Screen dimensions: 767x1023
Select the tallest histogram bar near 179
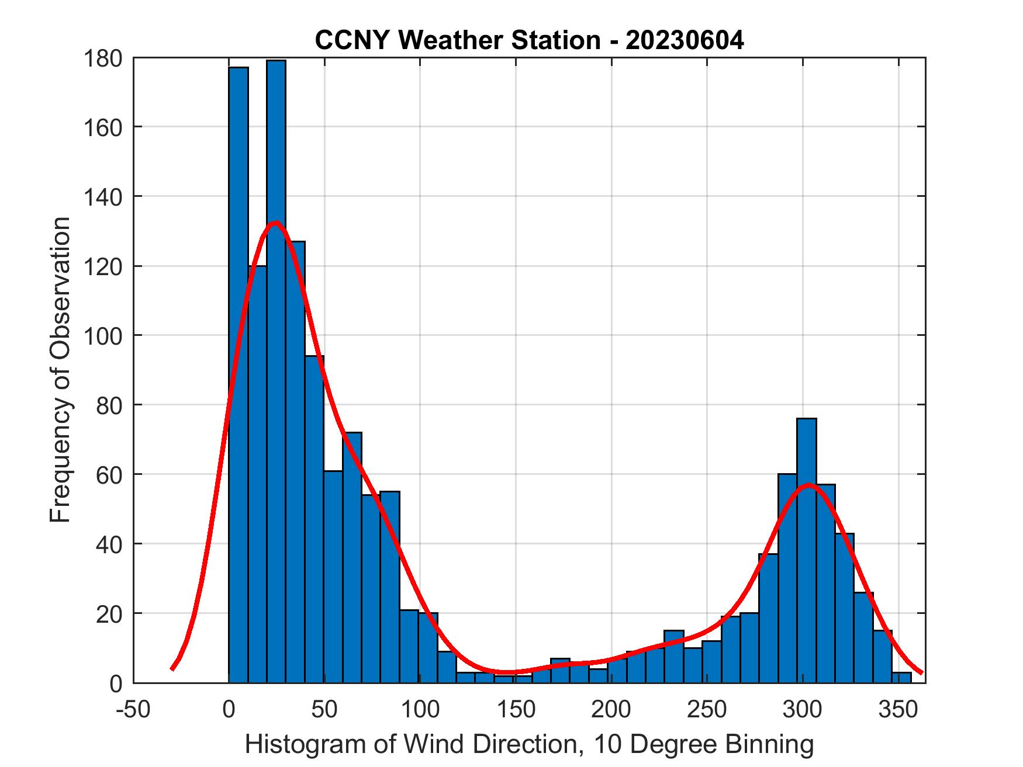276,350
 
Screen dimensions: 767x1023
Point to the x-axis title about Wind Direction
529,744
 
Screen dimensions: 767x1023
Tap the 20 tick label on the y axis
109,614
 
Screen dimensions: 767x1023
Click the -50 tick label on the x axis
134,709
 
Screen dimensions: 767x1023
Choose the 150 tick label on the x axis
516,709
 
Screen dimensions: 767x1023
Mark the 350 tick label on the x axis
897,709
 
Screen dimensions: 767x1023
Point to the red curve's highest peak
275,223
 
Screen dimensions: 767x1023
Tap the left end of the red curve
172,669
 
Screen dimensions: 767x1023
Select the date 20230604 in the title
685,40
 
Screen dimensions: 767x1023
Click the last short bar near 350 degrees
901,678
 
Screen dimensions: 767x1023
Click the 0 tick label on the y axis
116,683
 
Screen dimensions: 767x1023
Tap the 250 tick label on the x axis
706,709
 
